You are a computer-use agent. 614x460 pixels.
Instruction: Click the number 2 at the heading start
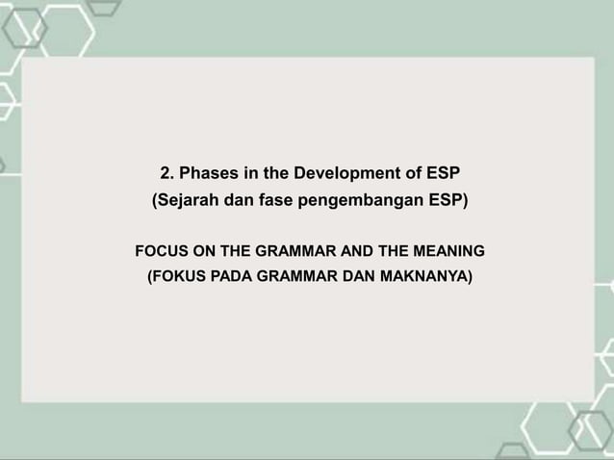pyautogui.click(x=165, y=174)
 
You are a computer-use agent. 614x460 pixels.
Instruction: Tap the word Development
pyautogui.click(x=338, y=174)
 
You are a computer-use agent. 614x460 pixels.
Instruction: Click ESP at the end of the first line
pyautogui.click(x=441, y=174)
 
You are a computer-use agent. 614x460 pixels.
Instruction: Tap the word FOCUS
pyautogui.click(x=161, y=252)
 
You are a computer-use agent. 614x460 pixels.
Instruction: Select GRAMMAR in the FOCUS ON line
pyautogui.click(x=296, y=252)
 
